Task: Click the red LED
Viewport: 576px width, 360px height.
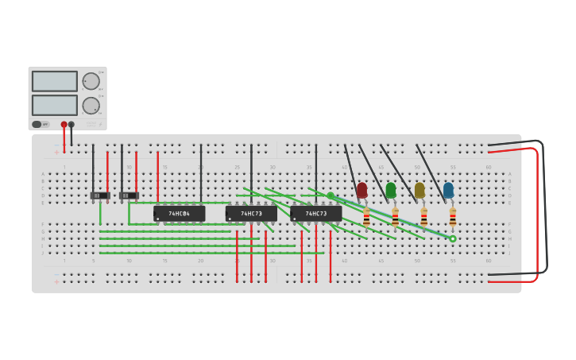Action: click(x=362, y=190)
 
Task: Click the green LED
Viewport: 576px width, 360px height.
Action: click(x=391, y=190)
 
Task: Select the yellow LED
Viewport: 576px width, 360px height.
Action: click(x=419, y=190)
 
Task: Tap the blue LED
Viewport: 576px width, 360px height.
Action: click(x=448, y=190)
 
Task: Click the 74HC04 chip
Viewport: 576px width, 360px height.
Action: click(x=179, y=213)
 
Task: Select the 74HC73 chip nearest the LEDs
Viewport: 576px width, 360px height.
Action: click(x=316, y=213)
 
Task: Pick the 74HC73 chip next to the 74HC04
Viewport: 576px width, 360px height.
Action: click(x=251, y=213)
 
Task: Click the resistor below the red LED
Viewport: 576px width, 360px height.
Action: click(x=366, y=217)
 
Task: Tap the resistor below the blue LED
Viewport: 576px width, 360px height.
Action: click(x=453, y=217)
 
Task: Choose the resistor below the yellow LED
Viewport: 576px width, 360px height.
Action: click(x=424, y=217)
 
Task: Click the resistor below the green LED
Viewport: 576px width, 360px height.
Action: click(x=395, y=217)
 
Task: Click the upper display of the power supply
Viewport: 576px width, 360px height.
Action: click(x=55, y=81)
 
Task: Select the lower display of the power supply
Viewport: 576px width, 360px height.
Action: click(x=55, y=105)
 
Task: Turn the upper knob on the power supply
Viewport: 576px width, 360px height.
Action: click(x=91, y=81)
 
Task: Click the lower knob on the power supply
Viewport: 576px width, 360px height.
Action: click(x=91, y=106)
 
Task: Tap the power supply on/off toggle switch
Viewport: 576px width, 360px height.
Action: click(x=37, y=124)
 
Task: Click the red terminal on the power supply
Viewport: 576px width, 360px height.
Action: click(x=64, y=124)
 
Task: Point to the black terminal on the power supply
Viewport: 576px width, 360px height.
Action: click(x=72, y=124)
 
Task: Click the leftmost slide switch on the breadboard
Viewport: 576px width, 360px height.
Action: click(x=100, y=195)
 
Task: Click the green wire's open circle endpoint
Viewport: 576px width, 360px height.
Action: click(x=453, y=238)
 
